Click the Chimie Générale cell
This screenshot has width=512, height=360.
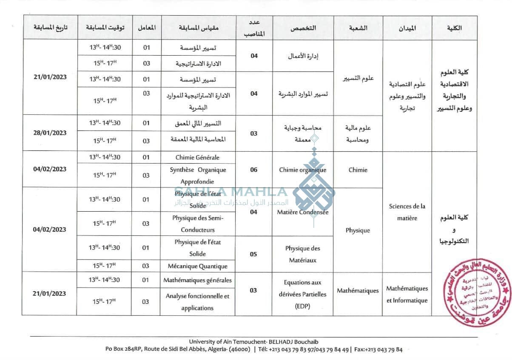197,157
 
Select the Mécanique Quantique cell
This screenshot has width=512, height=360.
197,266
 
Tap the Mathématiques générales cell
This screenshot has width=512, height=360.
197,280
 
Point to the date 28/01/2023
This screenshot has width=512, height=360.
50,133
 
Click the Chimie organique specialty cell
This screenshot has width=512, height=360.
303,170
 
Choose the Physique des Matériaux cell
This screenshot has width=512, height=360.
303,254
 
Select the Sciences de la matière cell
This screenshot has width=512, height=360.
407,212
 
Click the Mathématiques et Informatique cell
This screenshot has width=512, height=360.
407,294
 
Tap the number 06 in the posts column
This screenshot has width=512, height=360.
254,170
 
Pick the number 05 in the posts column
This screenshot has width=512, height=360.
254,254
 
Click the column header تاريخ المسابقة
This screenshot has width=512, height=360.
50,28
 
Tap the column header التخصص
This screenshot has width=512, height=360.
303,28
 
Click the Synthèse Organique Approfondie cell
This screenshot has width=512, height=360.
197,175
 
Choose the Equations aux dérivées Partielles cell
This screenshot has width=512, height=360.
303,294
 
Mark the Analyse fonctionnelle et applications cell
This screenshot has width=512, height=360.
197,302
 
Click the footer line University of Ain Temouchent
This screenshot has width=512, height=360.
253,342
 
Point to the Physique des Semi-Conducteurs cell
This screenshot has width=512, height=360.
197,224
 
